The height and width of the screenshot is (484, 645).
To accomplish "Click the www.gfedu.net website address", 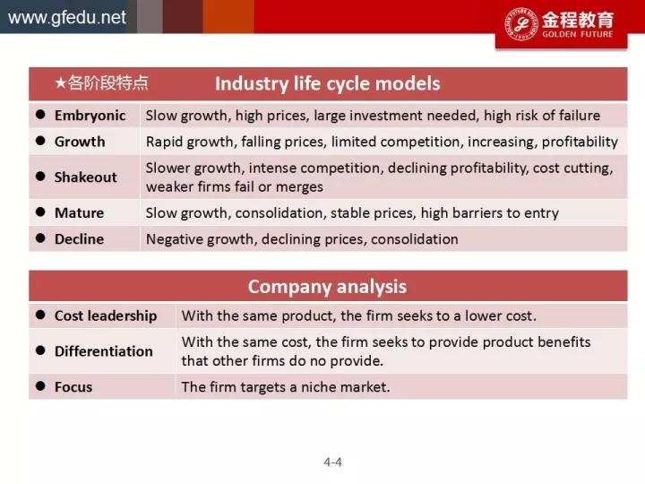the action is [66, 18].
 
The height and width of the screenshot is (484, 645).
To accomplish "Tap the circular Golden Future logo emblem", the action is [521, 23].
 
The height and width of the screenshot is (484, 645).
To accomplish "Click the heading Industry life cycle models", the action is [328, 83].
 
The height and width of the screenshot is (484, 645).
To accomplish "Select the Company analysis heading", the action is [327, 287].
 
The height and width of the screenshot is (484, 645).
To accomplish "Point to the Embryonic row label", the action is [90, 116].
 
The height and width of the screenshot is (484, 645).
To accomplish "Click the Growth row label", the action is [80, 142].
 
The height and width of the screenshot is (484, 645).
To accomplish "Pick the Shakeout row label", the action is [86, 177].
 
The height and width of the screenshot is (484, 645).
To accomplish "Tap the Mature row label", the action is [80, 212].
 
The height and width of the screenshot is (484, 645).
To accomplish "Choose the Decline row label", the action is [80, 239].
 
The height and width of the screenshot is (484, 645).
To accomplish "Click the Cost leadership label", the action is [106, 315].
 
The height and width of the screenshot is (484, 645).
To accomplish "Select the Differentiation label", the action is [104, 351].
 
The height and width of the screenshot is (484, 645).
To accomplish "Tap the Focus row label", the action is [73, 387].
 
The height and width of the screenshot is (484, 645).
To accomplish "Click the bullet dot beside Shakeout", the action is [40, 177].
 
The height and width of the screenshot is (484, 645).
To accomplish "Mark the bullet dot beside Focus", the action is [40, 385].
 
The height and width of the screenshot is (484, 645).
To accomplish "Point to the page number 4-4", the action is [332, 462].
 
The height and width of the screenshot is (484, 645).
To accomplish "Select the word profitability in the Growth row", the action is [580, 142].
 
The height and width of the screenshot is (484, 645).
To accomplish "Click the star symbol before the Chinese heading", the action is [61, 83].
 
